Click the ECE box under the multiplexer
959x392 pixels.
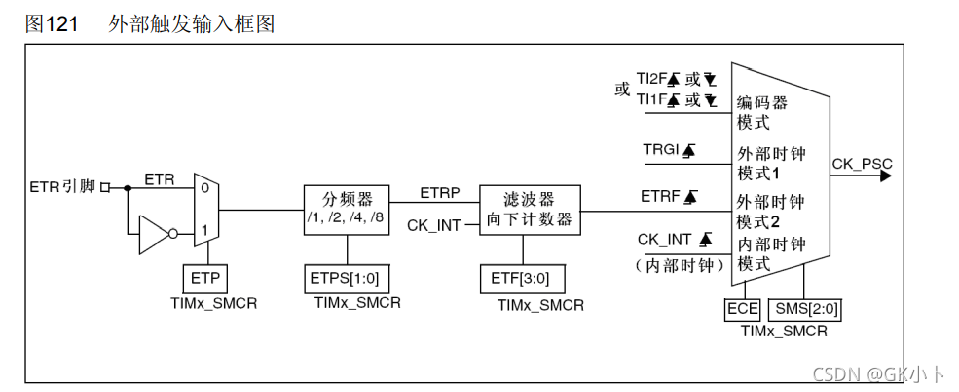[742, 310]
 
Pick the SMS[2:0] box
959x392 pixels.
[807, 310]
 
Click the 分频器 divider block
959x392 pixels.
[346, 208]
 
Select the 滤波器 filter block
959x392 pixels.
[531, 208]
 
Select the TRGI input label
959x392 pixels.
[659, 150]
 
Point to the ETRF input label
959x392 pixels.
[659, 197]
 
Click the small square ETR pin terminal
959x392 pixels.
[105, 186]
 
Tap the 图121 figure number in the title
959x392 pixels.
[52, 24]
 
